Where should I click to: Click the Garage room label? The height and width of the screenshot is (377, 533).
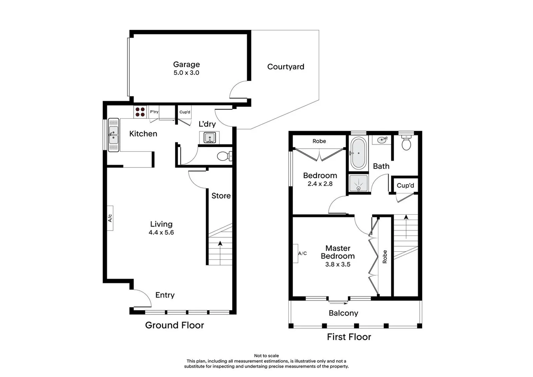tap(186, 65)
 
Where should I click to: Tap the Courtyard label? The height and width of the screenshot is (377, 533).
tap(285, 67)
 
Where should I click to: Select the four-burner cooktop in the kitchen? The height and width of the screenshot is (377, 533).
tap(140, 112)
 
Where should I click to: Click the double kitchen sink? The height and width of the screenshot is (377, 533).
tap(114, 135)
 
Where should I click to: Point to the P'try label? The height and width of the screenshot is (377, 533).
tap(154, 112)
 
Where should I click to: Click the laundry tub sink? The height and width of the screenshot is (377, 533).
tap(209, 137)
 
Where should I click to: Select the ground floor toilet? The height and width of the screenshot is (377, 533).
tap(224, 156)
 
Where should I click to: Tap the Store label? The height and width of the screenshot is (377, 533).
tap(221, 196)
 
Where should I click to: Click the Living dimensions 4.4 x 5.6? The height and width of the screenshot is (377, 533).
tap(161, 232)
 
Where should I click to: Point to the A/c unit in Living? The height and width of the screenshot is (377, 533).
tap(110, 218)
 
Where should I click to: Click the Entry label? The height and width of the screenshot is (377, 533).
tap(165, 295)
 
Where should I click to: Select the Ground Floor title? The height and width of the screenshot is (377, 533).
tap(174, 325)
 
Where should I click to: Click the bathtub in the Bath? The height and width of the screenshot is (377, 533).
tap(358, 153)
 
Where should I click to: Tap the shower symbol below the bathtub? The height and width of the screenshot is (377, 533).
tap(358, 183)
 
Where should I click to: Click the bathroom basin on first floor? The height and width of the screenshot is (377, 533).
tap(382, 140)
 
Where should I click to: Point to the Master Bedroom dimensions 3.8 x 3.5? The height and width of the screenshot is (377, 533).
tap(338, 265)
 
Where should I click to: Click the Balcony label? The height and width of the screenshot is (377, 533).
tap(343, 313)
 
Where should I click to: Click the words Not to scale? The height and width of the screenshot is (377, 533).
tap(266, 356)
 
